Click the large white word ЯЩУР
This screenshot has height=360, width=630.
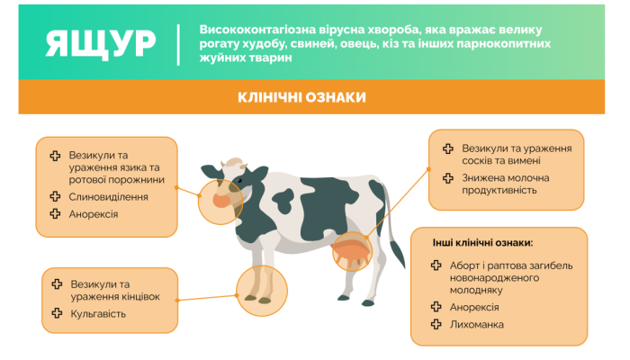click(x=100, y=42)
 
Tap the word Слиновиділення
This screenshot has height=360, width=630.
click(x=109, y=196)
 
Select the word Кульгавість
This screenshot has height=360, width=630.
click(x=98, y=314)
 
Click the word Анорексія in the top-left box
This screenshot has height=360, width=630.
click(x=94, y=214)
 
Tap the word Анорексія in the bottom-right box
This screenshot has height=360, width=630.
click(x=478, y=306)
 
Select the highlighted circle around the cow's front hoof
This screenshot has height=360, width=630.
click(x=262, y=284)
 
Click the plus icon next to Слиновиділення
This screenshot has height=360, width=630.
click(x=56, y=196)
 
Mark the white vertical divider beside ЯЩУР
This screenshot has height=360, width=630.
click(x=178, y=43)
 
